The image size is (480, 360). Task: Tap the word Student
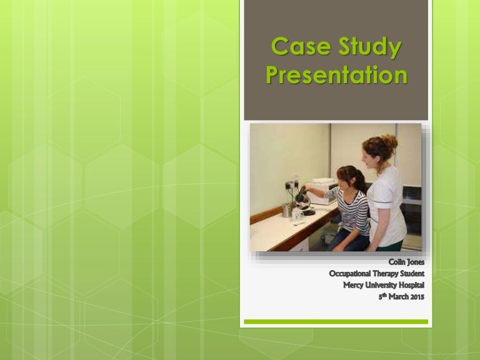416,274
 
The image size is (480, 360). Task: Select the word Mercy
356,285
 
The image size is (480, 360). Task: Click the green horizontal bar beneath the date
336,322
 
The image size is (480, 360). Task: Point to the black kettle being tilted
303,198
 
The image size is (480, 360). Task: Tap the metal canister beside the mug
286,209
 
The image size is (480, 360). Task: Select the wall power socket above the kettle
291,186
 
